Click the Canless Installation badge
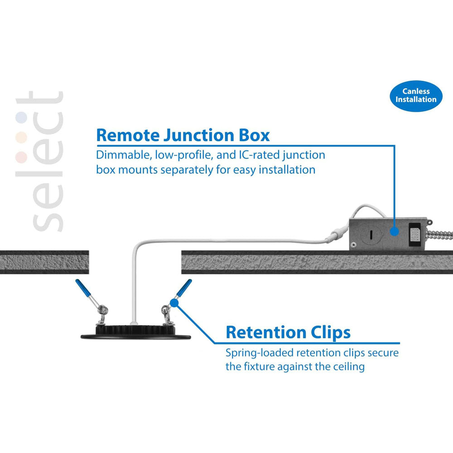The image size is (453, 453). (415, 95)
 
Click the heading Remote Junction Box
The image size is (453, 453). (183, 135)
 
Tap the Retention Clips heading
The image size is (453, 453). (288, 332)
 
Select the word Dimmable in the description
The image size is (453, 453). (123, 155)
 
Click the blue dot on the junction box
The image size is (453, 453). (395, 231)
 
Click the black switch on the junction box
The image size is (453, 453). (414, 236)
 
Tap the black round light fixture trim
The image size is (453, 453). (135, 335)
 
